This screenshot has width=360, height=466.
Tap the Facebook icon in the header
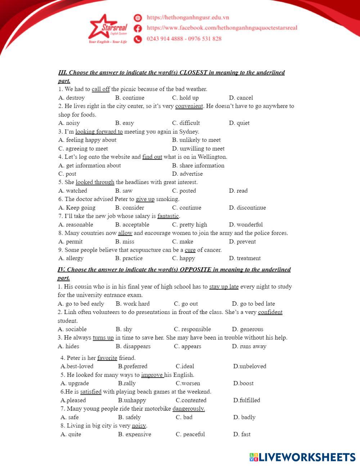[x=138, y=28]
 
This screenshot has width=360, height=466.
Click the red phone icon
[x=138, y=39]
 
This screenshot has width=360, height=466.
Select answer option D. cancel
[x=241, y=98]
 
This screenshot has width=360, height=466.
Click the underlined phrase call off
[x=100, y=89]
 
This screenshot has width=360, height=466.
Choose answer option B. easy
[x=125, y=123]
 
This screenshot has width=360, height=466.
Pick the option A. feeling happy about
[x=87, y=140]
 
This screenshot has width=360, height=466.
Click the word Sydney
[x=189, y=131]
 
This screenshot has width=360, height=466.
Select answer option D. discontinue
[x=247, y=207]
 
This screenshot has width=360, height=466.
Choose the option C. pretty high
[x=190, y=224]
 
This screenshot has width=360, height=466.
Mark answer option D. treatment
[x=245, y=258]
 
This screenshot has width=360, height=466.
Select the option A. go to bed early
[x=81, y=304]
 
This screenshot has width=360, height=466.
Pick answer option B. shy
[x=124, y=329]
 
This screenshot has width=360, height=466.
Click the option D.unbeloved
[x=249, y=366]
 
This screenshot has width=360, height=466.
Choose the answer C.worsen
[x=188, y=383]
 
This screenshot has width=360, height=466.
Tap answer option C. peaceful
[x=190, y=434]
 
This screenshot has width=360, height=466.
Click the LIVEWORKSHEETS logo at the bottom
[x=302, y=457]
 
